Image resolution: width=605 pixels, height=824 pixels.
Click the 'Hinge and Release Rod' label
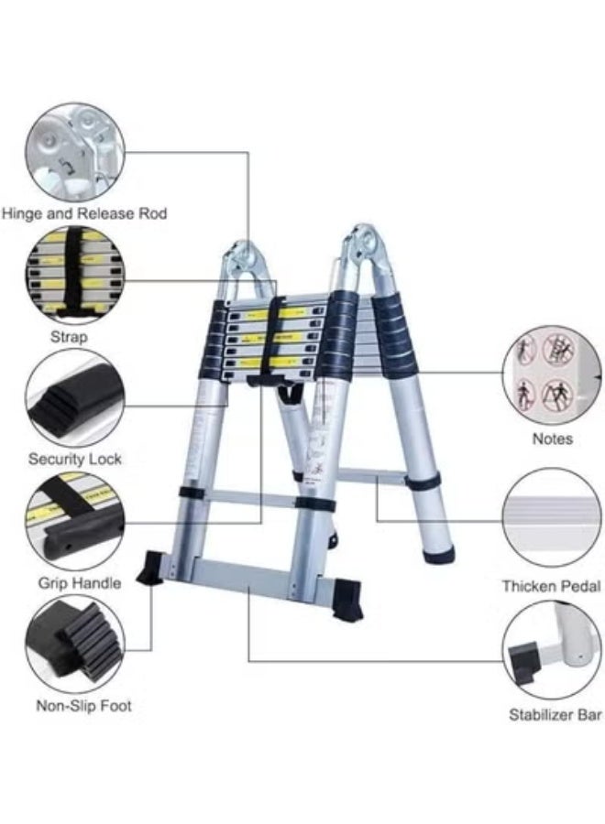pos(84,213)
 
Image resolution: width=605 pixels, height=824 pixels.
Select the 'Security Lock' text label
pos(74,458)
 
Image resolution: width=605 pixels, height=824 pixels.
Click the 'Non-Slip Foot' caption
pos(83,705)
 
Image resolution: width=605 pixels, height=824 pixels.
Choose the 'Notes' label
pos(552,439)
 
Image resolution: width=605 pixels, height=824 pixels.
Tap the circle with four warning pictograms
pos(549,374)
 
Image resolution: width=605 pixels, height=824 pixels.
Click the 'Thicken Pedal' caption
pos(551,586)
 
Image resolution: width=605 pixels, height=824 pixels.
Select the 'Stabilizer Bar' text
pos(555,714)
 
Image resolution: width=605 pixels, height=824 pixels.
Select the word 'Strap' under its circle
pos(69,337)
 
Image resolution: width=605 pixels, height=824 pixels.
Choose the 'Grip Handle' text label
pos(79,582)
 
